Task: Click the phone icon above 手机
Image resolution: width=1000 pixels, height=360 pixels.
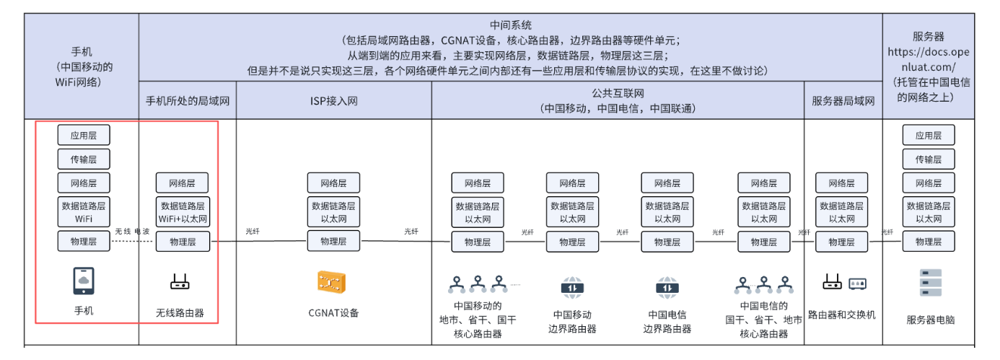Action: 84,281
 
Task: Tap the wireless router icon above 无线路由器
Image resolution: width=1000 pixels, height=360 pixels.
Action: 180,282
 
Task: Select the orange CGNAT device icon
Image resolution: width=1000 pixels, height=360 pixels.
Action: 333,281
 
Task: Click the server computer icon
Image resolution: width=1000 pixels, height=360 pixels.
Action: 930,283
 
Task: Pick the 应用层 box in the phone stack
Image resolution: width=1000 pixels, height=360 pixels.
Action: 84,135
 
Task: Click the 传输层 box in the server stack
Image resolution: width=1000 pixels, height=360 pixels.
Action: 929,159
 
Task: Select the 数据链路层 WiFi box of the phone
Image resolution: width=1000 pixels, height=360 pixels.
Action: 84,212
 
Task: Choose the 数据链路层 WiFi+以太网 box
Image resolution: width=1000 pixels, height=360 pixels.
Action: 183,212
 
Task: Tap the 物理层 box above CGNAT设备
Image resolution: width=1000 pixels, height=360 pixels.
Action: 333,242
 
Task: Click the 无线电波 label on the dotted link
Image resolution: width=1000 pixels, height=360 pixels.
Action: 132,232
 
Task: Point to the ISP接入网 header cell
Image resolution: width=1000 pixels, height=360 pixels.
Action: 333,101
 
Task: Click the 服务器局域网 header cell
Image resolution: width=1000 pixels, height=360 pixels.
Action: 843,101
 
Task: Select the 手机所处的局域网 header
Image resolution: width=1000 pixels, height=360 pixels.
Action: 187,101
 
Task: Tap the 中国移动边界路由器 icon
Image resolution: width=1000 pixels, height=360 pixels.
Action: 572,287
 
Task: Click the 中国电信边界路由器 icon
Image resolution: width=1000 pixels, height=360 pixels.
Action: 667,287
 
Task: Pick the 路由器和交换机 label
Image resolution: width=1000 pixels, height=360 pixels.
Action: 842,315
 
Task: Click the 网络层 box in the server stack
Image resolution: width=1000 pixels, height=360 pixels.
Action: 929,183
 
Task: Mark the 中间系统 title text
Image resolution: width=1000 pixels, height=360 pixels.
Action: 510,25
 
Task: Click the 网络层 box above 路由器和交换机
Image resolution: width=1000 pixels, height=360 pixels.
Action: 841,183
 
